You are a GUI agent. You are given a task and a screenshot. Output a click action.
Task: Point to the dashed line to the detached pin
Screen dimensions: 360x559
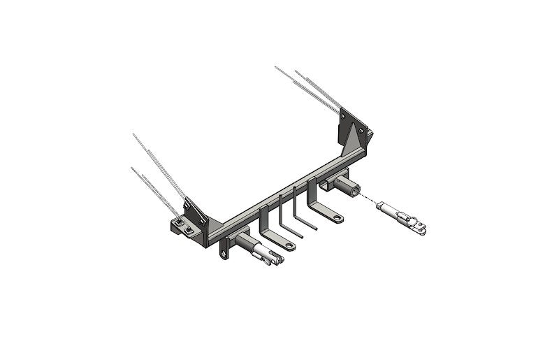coord(369,199)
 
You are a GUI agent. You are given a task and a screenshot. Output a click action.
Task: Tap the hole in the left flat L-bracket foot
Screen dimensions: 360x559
coord(288,245)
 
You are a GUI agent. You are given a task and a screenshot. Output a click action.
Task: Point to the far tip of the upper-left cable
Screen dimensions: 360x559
coord(133,133)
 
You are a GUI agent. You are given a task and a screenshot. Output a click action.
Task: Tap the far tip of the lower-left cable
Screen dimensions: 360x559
coord(131,168)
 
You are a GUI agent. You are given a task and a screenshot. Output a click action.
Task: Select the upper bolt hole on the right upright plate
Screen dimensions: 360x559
coord(361,130)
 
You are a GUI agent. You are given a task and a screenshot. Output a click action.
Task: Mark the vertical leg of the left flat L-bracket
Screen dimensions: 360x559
coord(262,222)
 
